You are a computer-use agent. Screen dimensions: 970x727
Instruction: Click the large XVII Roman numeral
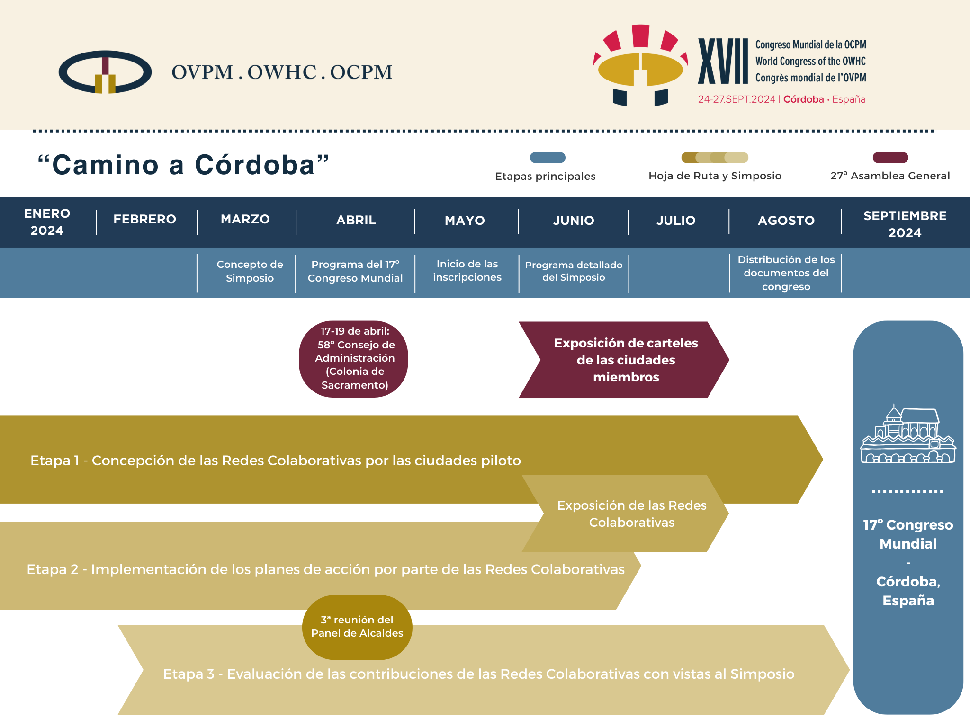(x=723, y=61)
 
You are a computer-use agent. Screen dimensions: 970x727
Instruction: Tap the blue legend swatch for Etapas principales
(x=548, y=158)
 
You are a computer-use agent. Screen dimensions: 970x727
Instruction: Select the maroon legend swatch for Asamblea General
(x=890, y=158)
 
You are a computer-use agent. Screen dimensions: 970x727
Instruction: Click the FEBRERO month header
(x=145, y=219)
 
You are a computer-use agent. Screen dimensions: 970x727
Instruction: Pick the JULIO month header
(x=676, y=221)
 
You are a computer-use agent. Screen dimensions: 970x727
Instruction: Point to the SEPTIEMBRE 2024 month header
(x=905, y=224)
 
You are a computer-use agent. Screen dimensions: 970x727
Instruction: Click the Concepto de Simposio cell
(x=250, y=271)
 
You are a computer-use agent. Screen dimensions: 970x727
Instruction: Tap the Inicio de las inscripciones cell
(x=467, y=271)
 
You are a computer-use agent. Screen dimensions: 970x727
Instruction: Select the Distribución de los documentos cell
(x=786, y=273)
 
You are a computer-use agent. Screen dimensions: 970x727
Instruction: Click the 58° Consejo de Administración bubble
(x=353, y=359)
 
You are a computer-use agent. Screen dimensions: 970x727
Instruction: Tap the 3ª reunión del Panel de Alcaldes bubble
(x=357, y=627)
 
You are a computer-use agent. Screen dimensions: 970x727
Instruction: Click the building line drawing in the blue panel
(x=908, y=434)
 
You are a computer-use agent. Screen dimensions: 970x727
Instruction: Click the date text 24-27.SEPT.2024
(x=736, y=99)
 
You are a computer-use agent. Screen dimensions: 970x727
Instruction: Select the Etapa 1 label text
(x=276, y=461)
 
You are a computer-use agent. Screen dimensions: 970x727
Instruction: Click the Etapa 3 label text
(x=479, y=674)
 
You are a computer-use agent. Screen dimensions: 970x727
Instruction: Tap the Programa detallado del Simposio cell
(x=574, y=271)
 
